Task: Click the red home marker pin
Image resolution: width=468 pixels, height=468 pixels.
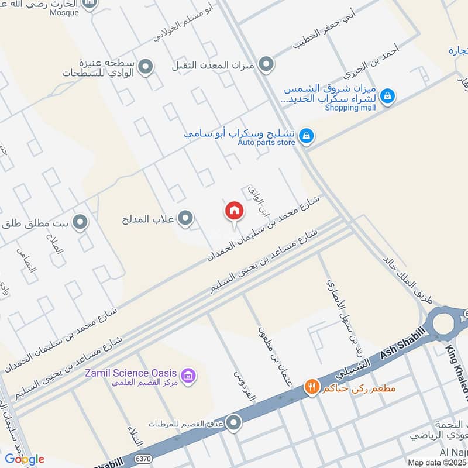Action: (234, 211)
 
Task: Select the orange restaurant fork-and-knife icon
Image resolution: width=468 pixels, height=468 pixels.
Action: (311, 387)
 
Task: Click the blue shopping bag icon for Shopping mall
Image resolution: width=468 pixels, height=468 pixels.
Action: (387, 95)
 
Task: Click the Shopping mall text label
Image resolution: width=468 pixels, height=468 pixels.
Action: (350, 107)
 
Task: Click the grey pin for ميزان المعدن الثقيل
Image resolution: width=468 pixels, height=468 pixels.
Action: (266, 64)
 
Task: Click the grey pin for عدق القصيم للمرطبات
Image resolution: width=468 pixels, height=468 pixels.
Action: (234, 422)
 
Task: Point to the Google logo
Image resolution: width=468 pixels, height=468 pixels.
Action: (25, 459)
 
